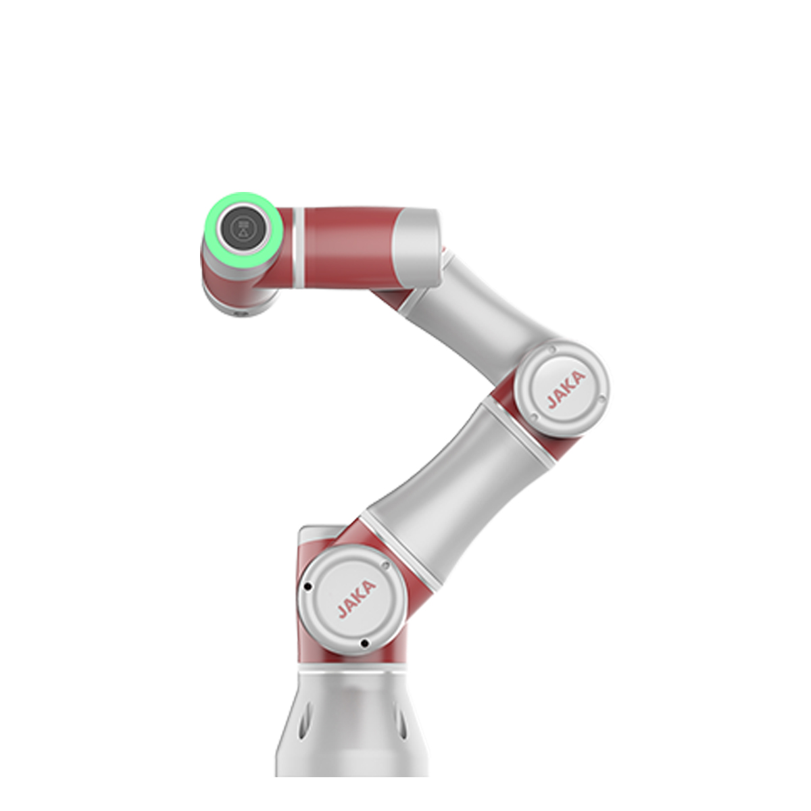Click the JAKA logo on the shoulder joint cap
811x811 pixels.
point(357,599)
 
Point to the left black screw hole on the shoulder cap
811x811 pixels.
point(308,586)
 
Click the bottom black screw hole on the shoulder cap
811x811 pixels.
point(365,643)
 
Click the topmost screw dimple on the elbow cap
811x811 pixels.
point(551,349)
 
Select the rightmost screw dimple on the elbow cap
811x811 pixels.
point(602,397)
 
